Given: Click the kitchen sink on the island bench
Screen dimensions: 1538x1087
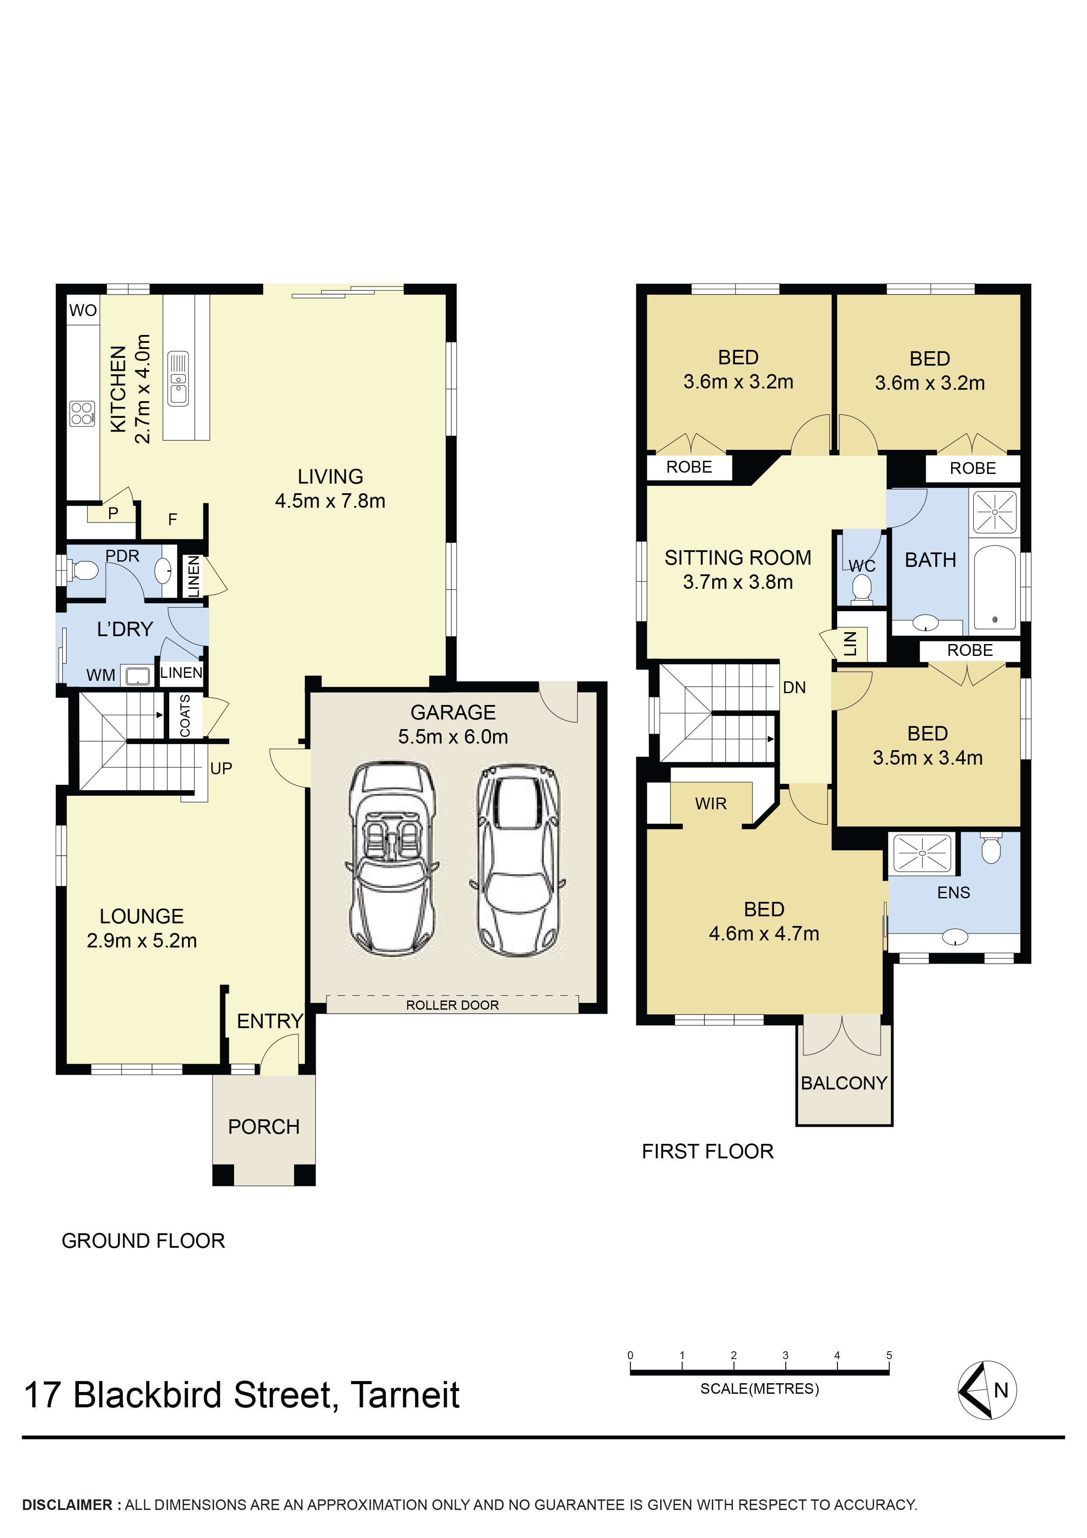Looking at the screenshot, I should click(178, 379).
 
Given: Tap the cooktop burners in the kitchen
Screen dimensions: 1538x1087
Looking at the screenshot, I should click(82, 413).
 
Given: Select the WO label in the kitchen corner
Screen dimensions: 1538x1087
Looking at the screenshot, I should click(83, 310).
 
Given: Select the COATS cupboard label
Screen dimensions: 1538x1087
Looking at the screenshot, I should click(185, 716).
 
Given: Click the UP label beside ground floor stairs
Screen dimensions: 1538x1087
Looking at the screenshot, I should click(221, 768).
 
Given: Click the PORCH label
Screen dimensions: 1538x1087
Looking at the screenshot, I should click(264, 1127).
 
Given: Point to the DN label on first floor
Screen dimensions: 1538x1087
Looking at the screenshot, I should click(794, 687).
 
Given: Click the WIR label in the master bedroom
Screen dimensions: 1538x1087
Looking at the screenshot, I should click(710, 803).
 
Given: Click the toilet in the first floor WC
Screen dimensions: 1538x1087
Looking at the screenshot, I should click(861, 590).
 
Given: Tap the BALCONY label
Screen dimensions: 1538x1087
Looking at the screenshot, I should click(843, 1083).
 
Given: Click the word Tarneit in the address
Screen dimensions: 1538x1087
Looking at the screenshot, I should click(405, 1396).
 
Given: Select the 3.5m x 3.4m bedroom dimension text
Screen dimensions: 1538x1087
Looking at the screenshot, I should click(927, 758).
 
